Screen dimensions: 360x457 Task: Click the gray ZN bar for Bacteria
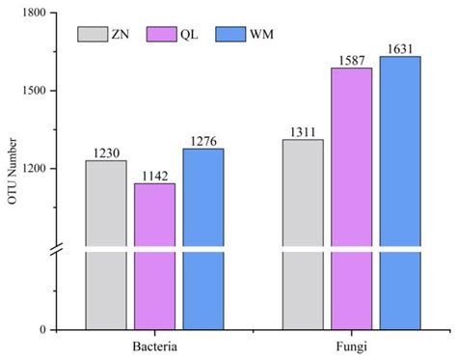click(106, 241)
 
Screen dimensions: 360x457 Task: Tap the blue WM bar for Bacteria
click(203, 236)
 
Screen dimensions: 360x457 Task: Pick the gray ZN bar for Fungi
click(302, 232)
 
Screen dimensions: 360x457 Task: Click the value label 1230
click(106, 152)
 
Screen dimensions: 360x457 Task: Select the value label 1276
click(203, 141)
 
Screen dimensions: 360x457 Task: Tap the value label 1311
click(302, 132)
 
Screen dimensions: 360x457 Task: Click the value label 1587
click(351, 61)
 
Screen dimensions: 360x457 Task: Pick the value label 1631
click(400, 49)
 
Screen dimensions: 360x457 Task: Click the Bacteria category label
click(154, 345)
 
